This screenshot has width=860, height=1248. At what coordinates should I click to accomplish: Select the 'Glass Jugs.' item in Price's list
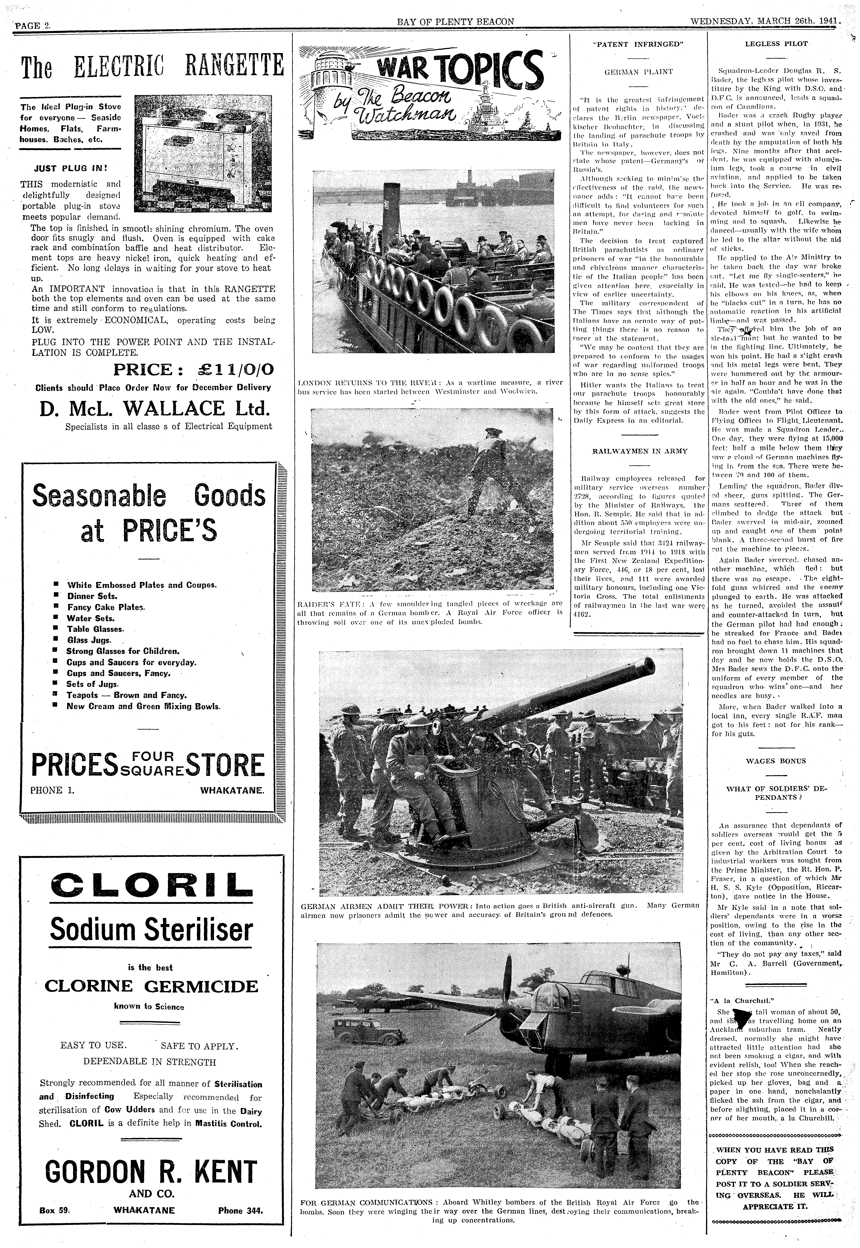89,640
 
